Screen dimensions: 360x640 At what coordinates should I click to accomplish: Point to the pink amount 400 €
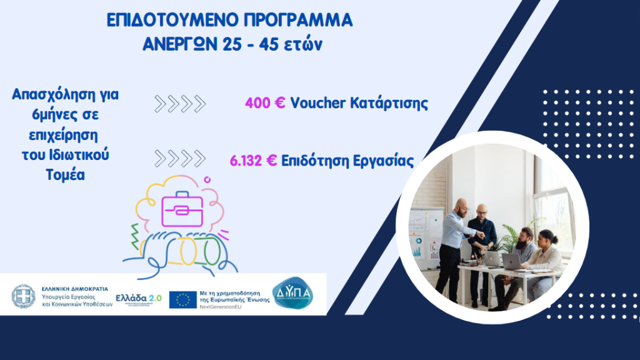(265, 103)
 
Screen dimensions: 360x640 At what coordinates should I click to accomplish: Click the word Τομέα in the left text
(64, 175)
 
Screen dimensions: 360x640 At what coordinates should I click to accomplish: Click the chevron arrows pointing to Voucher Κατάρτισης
(180, 104)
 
